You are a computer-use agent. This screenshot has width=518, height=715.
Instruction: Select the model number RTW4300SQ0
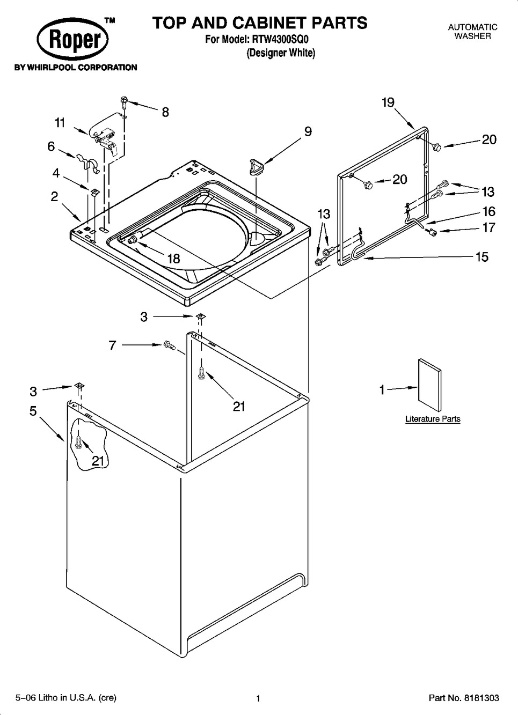pyautogui.click(x=280, y=39)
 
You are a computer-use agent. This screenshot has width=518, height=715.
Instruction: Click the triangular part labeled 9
pyautogui.click(x=256, y=167)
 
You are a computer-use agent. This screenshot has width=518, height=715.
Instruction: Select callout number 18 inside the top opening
pyautogui.click(x=173, y=258)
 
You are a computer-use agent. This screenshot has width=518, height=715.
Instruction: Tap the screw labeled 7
pyautogui.click(x=170, y=345)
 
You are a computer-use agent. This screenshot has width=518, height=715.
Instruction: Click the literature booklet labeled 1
pyautogui.click(x=429, y=385)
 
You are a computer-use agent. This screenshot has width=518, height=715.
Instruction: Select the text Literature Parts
pyautogui.click(x=433, y=419)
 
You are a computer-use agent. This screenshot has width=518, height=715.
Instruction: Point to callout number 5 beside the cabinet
pyautogui.click(x=33, y=411)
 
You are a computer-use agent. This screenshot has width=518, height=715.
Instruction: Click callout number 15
pyautogui.click(x=481, y=256)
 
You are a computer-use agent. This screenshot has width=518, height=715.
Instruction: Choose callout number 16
pyautogui.click(x=488, y=211)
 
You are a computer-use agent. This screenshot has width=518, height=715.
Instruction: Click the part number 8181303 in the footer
pyautogui.click(x=479, y=698)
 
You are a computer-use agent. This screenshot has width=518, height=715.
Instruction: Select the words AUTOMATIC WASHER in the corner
pyautogui.click(x=472, y=32)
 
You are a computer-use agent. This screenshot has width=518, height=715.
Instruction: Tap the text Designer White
pyautogui.click(x=280, y=53)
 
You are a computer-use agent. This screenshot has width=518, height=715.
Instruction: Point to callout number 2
pyautogui.click(x=54, y=196)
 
